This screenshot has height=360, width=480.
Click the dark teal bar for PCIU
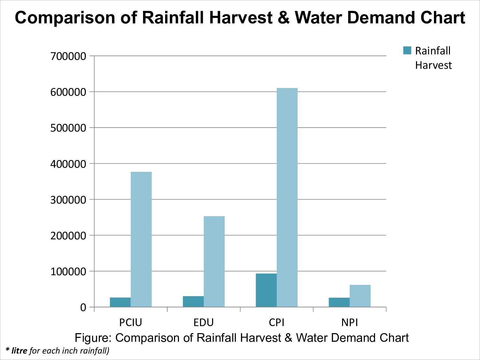[120, 302]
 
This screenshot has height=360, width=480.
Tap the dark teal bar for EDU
[193, 302]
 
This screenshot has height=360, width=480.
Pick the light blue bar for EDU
[214, 261]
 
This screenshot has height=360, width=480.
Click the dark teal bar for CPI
[266, 290]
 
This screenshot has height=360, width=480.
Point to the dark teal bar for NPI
[339, 302]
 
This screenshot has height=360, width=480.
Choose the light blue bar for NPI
[360, 296]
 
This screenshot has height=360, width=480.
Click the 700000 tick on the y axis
[68, 56]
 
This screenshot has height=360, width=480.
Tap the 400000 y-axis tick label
[68, 164]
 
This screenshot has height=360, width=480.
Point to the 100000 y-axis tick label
[68, 272]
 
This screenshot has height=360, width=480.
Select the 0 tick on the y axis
[83, 308]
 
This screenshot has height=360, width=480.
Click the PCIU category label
[131, 322]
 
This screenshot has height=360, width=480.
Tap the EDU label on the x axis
[204, 322]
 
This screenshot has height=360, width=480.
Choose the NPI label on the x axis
[349, 322]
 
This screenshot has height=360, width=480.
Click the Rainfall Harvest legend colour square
[407, 51]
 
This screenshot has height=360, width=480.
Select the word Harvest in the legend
[433, 65]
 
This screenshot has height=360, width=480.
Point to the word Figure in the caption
[93, 338]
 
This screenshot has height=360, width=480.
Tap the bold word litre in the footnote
[19, 351]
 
